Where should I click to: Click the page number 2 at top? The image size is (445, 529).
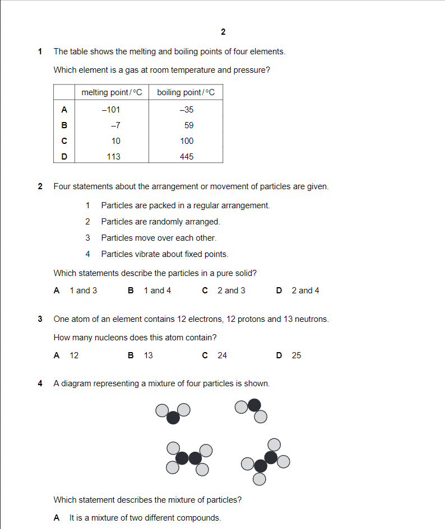pyautogui.click(x=223, y=32)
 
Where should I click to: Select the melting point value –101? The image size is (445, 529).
pyautogui.click(x=111, y=110)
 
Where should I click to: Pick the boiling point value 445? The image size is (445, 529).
pyautogui.click(x=187, y=157)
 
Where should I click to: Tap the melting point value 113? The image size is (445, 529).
pyautogui.click(x=114, y=157)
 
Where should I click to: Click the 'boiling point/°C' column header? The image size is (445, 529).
pyautogui.click(x=186, y=92)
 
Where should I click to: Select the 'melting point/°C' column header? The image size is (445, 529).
pyautogui.click(x=112, y=92)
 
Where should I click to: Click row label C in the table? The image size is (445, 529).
pyautogui.click(x=64, y=141)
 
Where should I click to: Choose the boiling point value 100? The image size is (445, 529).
pyautogui.click(x=187, y=141)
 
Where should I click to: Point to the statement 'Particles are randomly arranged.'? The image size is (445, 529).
pyautogui.click(x=160, y=222)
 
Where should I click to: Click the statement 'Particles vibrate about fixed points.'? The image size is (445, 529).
pyautogui.click(x=164, y=254)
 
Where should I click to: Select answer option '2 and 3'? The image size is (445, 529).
pyautogui.click(x=231, y=291)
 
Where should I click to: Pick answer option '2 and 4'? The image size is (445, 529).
pyautogui.click(x=305, y=291)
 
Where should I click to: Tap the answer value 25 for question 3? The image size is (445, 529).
pyautogui.click(x=296, y=355)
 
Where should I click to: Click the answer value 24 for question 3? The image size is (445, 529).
pyautogui.click(x=222, y=355)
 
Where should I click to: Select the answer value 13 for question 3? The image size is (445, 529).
pyautogui.click(x=149, y=355)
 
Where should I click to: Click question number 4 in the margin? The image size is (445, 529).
pyautogui.click(x=40, y=383)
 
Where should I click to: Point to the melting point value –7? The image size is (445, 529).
pyautogui.click(x=115, y=125)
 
